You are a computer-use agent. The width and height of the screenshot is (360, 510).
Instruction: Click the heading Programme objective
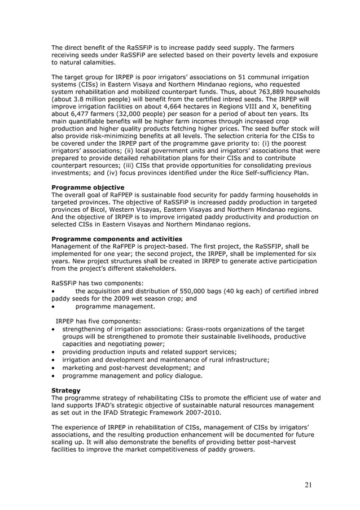[x=87, y=188]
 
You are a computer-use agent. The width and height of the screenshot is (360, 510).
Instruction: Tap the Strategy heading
[x=65, y=390]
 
